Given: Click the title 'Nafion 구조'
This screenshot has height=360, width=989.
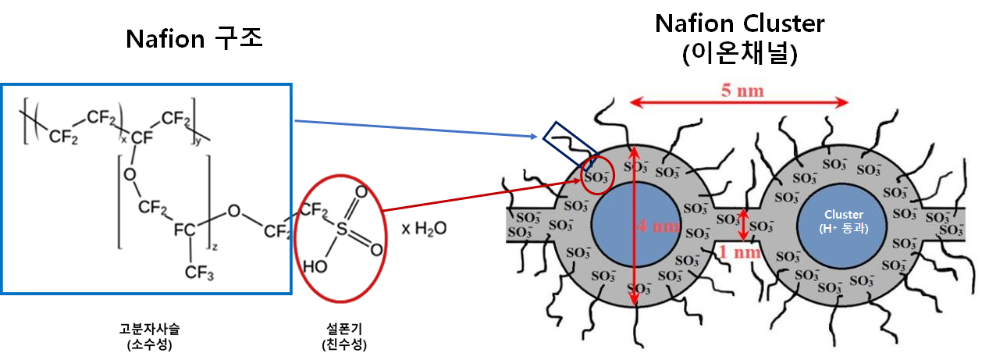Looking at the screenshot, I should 194,38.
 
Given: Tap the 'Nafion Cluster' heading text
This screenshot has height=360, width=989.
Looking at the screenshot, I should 739,23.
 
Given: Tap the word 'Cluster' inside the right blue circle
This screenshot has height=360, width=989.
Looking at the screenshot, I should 842,214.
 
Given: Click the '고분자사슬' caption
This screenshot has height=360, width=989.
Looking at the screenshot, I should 148,329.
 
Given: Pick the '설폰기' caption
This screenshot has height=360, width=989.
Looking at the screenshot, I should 344,329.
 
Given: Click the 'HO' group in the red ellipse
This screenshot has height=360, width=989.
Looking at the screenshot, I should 315,266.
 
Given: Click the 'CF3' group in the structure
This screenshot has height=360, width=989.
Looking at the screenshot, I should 201,273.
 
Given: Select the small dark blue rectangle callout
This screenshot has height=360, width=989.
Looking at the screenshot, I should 571,147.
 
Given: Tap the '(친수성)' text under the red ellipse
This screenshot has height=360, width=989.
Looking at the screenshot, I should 344,344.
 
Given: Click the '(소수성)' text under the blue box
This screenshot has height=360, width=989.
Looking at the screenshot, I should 148,344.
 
